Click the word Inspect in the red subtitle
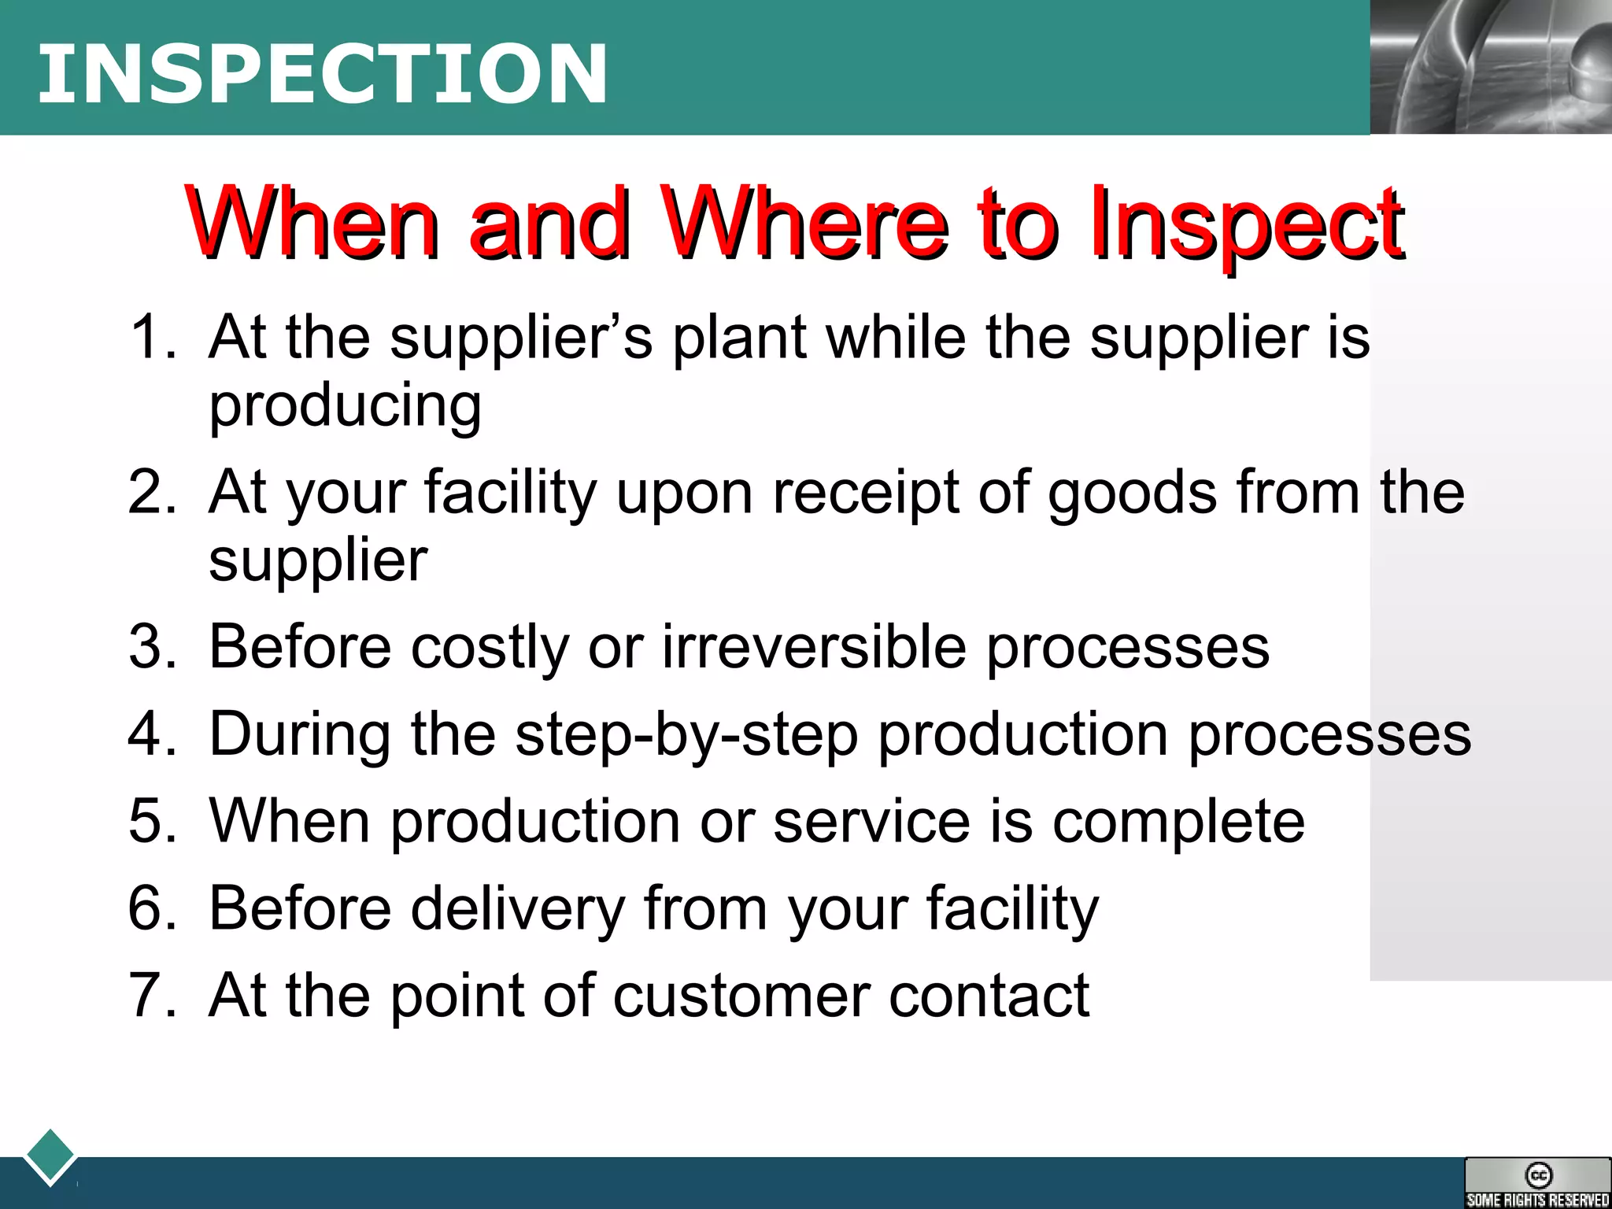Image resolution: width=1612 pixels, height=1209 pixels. pyautogui.click(x=1247, y=224)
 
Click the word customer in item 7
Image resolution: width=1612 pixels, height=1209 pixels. pyautogui.click(x=741, y=996)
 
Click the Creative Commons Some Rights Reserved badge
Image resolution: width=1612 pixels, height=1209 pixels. pyautogui.click(x=1537, y=1182)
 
